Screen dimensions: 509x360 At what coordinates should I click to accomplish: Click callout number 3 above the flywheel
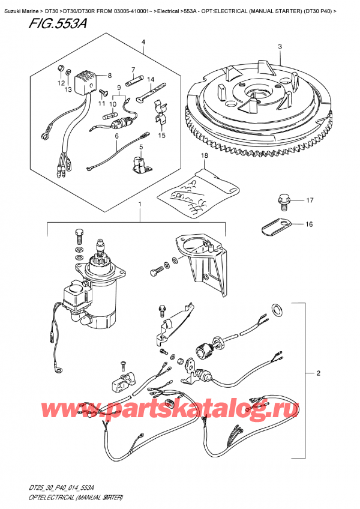(280, 47)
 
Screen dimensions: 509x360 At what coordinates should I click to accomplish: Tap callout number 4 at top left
(143, 41)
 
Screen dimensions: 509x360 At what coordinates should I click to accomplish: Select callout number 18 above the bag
(204, 156)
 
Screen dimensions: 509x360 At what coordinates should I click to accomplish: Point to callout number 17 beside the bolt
(311, 200)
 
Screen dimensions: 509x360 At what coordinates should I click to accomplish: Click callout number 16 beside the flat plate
(310, 224)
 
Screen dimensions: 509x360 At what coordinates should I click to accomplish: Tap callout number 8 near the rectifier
(109, 76)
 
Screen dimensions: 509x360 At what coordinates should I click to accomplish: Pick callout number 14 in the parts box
(151, 79)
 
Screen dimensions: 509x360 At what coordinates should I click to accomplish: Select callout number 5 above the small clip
(140, 146)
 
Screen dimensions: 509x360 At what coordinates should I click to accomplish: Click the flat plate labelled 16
(277, 227)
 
